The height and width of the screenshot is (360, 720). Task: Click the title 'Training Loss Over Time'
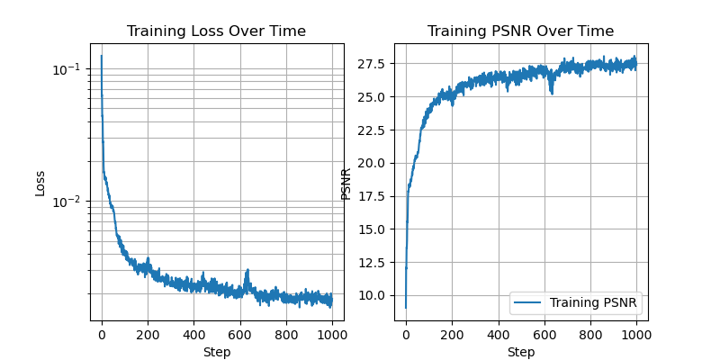tap(216, 31)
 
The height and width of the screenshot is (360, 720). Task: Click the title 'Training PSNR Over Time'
tap(520, 31)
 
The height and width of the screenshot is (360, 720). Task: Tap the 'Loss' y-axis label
tap(40, 183)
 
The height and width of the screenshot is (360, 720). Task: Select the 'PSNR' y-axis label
tap(346, 183)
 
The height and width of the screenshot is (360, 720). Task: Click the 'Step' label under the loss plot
tap(216, 352)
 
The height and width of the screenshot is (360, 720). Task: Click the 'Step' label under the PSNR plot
tap(520, 352)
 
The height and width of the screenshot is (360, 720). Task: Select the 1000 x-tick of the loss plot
tap(332, 335)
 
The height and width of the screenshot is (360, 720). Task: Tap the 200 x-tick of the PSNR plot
tap(452, 335)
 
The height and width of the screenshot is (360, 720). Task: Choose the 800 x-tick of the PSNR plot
tap(590, 335)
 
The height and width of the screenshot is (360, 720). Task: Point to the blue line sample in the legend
tap(528, 302)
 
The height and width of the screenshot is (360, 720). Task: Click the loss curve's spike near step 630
tap(247, 270)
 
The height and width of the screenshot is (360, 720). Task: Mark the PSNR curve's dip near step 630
tap(551, 92)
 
